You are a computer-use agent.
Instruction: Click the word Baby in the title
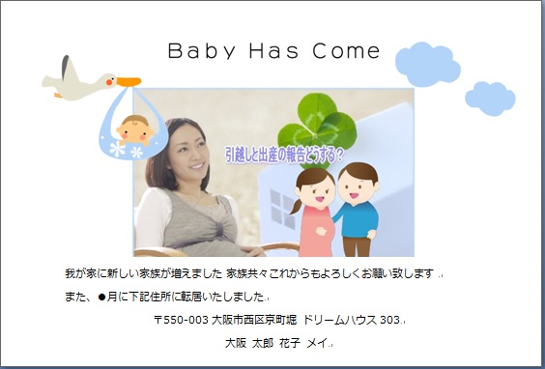click(x=198, y=51)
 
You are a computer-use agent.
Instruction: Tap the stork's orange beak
click(x=128, y=82)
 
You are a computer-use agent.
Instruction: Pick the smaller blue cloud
click(x=490, y=98)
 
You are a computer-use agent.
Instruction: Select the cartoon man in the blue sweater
click(x=359, y=208)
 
